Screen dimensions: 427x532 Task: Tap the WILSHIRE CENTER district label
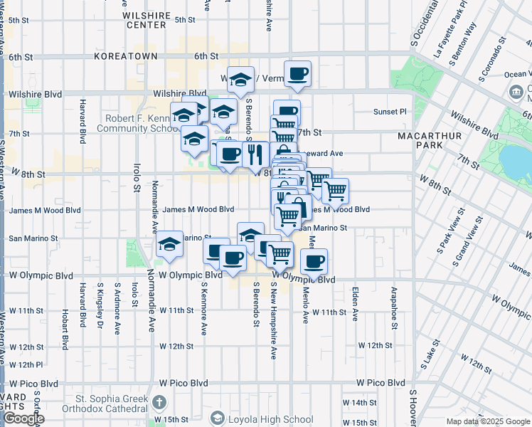147,20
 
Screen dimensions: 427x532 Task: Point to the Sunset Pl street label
390,112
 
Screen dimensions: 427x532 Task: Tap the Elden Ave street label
354,303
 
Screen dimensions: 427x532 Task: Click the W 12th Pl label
26,364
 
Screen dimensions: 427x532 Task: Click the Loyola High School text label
270,419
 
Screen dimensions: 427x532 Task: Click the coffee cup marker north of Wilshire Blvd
297,73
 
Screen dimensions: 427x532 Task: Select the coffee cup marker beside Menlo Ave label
314,261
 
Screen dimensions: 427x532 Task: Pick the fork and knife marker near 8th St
255,153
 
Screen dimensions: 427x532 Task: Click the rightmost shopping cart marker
335,190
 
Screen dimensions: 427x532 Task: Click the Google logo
23,418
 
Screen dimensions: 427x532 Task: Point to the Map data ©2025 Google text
487,421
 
